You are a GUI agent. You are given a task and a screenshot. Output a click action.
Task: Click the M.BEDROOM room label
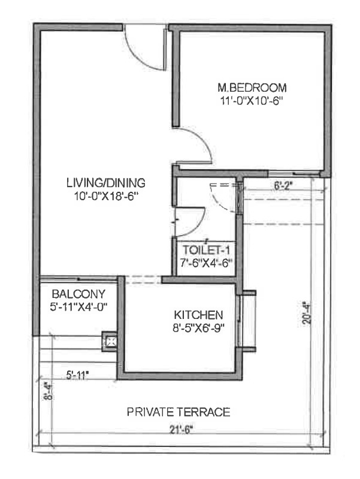pyautogui.click(x=252, y=88)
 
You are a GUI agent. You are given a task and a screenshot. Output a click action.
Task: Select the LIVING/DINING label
pyautogui.click(x=106, y=183)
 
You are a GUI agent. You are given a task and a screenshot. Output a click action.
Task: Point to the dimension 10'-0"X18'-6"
pyautogui.click(x=106, y=196)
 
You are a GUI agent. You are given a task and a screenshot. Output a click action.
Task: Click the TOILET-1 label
pyautogui.click(x=206, y=250)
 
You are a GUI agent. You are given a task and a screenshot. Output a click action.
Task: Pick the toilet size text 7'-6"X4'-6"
pyautogui.click(x=206, y=263)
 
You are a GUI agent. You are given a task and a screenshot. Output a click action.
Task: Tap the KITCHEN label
pyautogui.click(x=198, y=315)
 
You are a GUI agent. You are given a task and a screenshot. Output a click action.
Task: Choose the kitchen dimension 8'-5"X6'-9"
pyautogui.click(x=198, y=328)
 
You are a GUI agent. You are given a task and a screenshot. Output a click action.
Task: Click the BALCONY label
pyautogui.click(x=78, y=294)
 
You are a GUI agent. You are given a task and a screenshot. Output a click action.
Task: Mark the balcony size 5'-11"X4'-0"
pyautogui.click(x=78, y=306)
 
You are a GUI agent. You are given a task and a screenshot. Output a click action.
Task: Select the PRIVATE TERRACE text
pyautogui.click(x=179, y=412)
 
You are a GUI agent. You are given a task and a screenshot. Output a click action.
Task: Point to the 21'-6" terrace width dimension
pyautogui.click(x=182, y=430)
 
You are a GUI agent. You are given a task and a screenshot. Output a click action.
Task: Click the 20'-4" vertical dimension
pyautogui.click(x=306, y=313)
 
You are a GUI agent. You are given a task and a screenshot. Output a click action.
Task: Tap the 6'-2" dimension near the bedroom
pyautogui.click(x=283, y=186)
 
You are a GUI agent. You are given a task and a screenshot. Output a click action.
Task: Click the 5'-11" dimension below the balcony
pyautogui.click(x=77, y=375)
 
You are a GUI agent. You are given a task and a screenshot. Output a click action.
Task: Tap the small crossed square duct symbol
pyautogui.click(x=109, y=342)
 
